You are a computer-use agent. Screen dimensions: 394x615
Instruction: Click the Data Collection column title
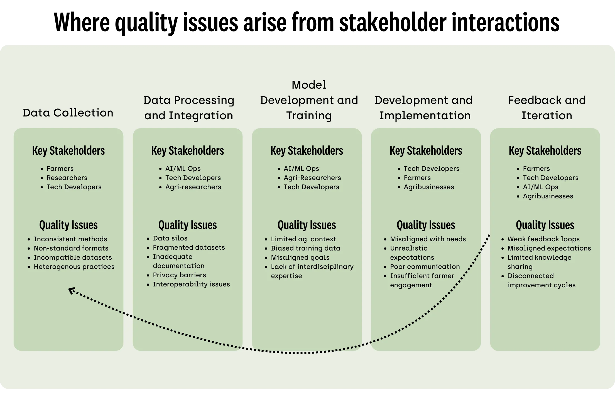68,113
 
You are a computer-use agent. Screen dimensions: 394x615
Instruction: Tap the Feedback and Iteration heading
547,108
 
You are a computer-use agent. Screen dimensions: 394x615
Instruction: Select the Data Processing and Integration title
189,108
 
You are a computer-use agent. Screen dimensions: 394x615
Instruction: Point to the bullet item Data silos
170,238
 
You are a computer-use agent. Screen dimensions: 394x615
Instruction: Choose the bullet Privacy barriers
179,275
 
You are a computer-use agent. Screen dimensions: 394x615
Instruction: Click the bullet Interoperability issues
191,284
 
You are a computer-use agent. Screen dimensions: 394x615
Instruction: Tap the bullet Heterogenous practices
74,267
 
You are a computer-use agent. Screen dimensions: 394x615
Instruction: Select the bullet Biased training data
305,248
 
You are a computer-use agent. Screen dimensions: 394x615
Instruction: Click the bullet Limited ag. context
303,239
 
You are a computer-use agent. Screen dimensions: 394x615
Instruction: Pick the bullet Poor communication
425,267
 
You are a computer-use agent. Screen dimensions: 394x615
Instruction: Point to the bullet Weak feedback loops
543,239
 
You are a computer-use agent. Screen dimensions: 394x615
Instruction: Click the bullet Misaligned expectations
549,248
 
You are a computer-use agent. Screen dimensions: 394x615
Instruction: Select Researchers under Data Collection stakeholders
67,178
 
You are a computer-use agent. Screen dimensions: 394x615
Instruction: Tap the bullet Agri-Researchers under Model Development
312,178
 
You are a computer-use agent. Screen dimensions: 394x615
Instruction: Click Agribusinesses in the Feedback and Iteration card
548,196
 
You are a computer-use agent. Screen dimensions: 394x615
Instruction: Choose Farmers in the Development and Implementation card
417,178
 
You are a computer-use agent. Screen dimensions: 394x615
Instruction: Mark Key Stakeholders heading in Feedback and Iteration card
545,151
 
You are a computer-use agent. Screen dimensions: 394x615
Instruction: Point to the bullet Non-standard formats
71,248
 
